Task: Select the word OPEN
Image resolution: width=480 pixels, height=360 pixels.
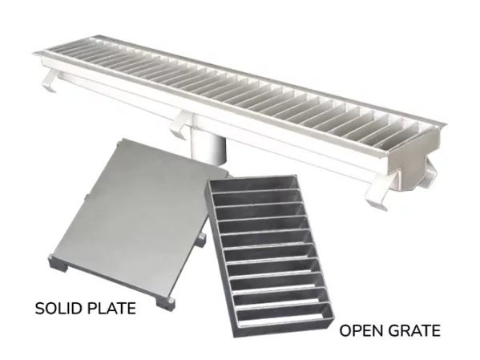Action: (x=357, y=330)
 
